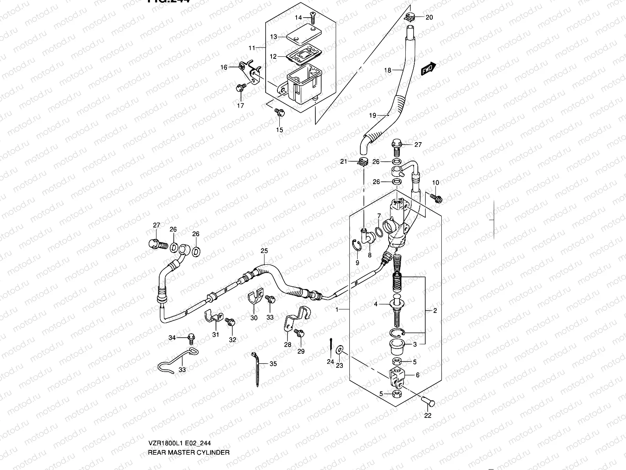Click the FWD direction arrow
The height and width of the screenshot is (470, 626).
429,69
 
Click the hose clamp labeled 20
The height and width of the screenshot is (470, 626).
410,16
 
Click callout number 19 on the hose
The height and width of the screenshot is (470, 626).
372,115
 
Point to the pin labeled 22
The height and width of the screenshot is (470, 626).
429,401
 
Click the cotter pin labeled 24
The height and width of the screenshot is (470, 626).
331,345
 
